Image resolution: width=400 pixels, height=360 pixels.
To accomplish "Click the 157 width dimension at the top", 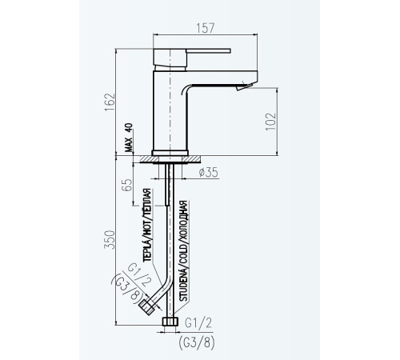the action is pyautogui.click(x=206, y=28).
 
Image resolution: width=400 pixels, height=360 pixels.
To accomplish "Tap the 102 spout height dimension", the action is pyautogui.click(x=270, y=122).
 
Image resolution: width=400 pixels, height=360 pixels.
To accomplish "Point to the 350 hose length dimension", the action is pyautogui.click(x=110, y=240).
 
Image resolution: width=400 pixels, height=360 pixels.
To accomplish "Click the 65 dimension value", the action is pyautogui.click(x=127, y=185).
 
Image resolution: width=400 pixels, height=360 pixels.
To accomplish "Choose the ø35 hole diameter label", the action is pyautogui.click(x=209, y=173).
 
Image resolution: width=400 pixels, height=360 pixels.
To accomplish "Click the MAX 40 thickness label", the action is pyautogui.click(x=129, y=138).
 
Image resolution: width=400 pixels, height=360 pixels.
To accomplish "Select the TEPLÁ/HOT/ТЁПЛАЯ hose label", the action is pyautogui.click(x=147, y=226).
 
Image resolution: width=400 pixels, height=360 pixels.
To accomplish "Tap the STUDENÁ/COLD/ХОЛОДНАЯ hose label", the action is pyautogui.click(x=183, y=251).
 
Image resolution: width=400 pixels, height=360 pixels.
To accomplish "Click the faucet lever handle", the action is pyautogui.click(x=209, y=50).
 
